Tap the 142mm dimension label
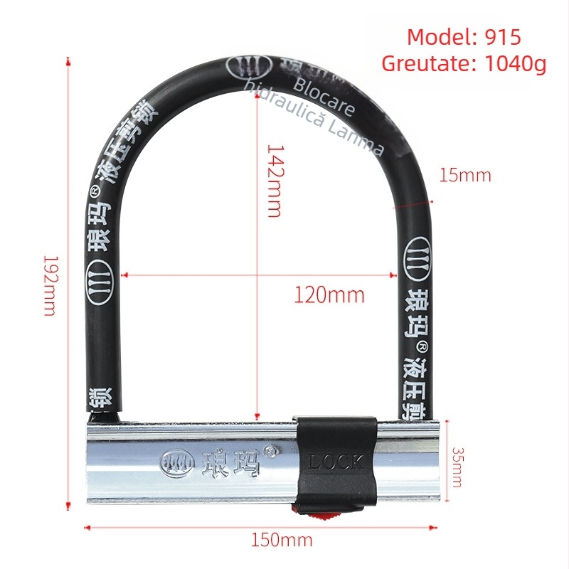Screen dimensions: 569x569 [275, 181]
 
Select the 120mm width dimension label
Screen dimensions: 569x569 [329, 294]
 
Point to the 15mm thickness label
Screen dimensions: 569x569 [464, 175]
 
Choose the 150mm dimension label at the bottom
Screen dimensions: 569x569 [282, 540]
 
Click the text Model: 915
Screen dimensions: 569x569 [464, 37]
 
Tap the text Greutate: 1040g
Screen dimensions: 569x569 [464, 63]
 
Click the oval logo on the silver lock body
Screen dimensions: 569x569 [176, 463]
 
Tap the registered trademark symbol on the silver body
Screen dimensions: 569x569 [270, 450]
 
